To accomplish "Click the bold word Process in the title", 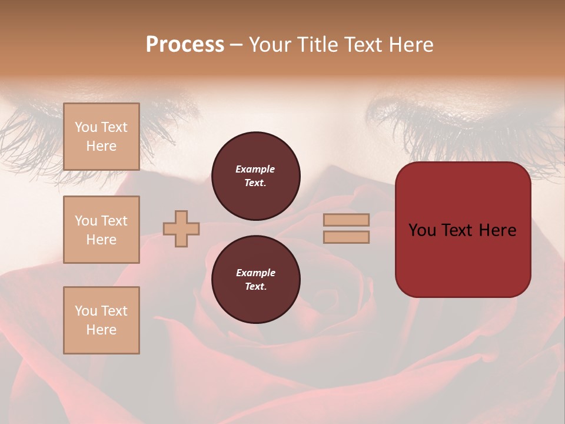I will [185, 45].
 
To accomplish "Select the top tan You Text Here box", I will [101, 137].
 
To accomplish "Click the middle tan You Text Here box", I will [101, 230].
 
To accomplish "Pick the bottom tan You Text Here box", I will [101, 320].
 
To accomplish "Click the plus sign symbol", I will [181, 228].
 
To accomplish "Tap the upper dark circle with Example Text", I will [256, 176].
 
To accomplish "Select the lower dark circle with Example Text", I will [256, 280].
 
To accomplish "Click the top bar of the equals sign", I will [346, 220].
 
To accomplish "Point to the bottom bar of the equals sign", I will [346, 237].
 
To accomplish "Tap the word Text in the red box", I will [462, 230].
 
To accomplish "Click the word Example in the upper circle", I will [255, 169].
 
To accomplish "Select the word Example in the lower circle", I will [255, 273].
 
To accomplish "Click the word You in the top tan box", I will [86, 127].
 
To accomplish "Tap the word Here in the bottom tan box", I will [101, 330].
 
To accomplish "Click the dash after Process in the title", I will [237, 45].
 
